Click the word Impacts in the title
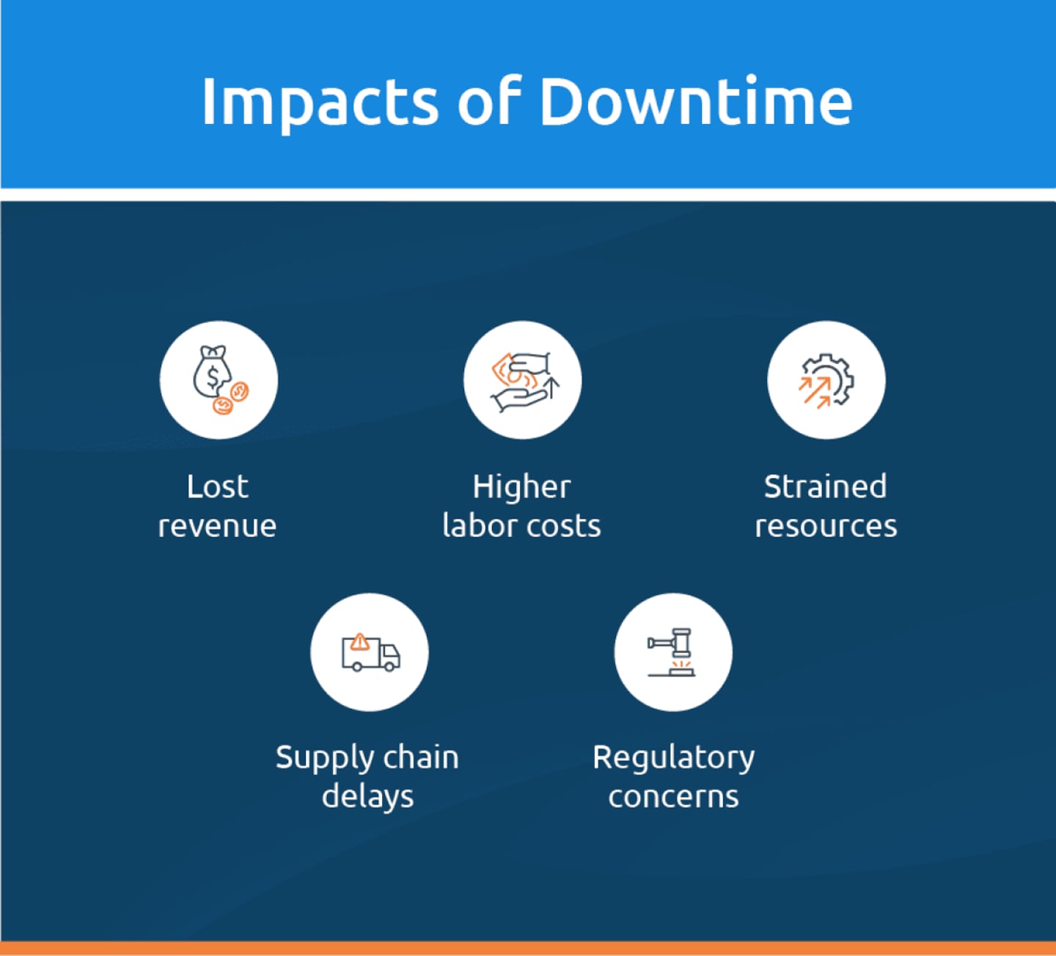tap(320, 103)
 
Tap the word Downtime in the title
tap(696, 101)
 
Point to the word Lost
tap(217, 486)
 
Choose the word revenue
tap(217, 526)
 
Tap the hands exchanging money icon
tap(524, 382)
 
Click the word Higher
tap(521, 487)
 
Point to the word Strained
tap(826, 486)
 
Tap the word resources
tap(826, 526)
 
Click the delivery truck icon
tap(370, 652)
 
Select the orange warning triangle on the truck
tap(360, 641)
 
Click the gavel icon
tap(671, 652)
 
